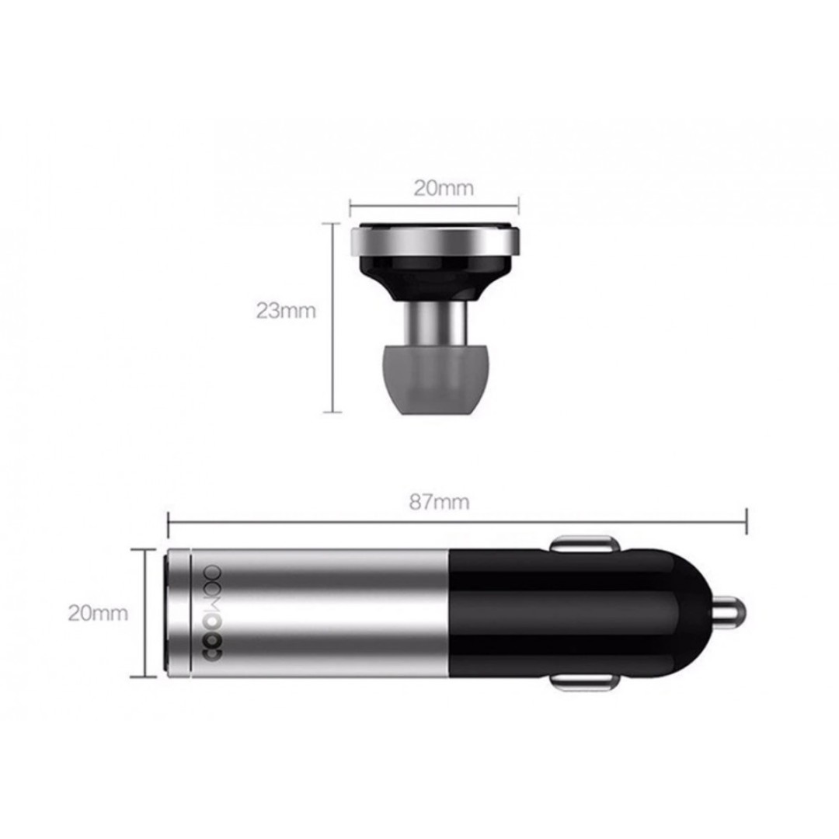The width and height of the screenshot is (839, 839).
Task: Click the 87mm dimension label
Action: pyautogui.click(x=439, y=502)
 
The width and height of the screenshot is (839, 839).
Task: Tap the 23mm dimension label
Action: pyautogui.click(x=286, y=310)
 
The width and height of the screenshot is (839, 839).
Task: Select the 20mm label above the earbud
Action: pyautogui.click(x=444, y=188)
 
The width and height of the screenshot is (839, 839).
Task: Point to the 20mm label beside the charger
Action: pyautogui.click(x=98, y=613)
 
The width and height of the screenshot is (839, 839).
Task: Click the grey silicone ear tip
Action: pyautogui.click(x=434, y=379)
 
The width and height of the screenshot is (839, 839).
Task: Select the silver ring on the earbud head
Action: pyautogui.click(x=434, y=241)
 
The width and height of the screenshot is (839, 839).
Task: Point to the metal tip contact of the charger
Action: pyautogui.click(x=731, y=613)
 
